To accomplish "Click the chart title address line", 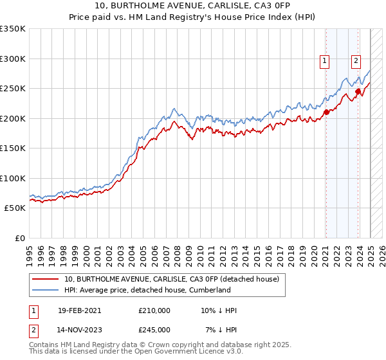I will pos(193,6).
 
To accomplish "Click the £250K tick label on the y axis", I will pos(13,88).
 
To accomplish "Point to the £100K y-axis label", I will pos(13,178).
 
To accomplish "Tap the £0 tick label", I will pos(19,238).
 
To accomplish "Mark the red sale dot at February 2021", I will pos(326,112).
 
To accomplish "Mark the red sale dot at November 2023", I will pos(357,91).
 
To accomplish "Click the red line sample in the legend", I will pos(46,279).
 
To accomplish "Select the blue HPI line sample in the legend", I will pos(46,290).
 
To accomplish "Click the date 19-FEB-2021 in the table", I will pos(79,310).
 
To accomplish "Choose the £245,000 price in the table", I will pos(154,330).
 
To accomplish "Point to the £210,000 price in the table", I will pos(154,310).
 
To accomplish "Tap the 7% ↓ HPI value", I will pos(221,330).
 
